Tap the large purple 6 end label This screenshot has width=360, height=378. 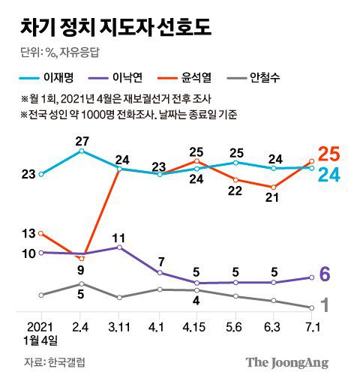pyautogui.click(x=325, y=274)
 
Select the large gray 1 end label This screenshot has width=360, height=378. pyautogui.click(x=325, y=305)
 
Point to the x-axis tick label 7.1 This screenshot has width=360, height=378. pyautogui.click(x=312, y=328)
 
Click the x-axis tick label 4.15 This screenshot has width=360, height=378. pyautogui.click(x=196, y=328)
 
